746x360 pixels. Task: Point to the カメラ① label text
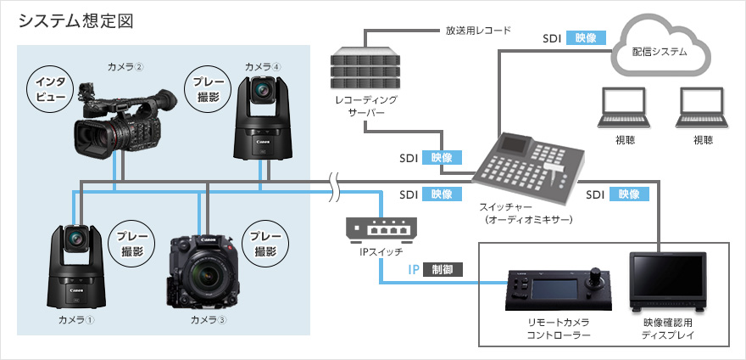pos(76,319)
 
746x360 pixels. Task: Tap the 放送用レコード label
pos(478,31)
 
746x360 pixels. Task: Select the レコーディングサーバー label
pos(365,106)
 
